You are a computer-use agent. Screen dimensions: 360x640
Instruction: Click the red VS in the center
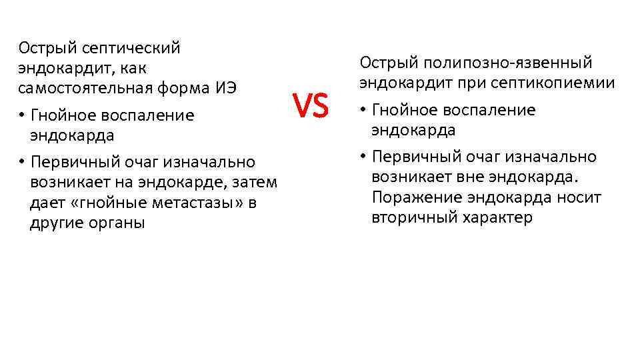tap(311, 107)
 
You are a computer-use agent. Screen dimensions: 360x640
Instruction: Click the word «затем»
tap(253, 183)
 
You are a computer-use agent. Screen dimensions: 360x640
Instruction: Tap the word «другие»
tap(55, 223)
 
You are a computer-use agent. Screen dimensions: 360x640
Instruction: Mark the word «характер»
tap(495, 218)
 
